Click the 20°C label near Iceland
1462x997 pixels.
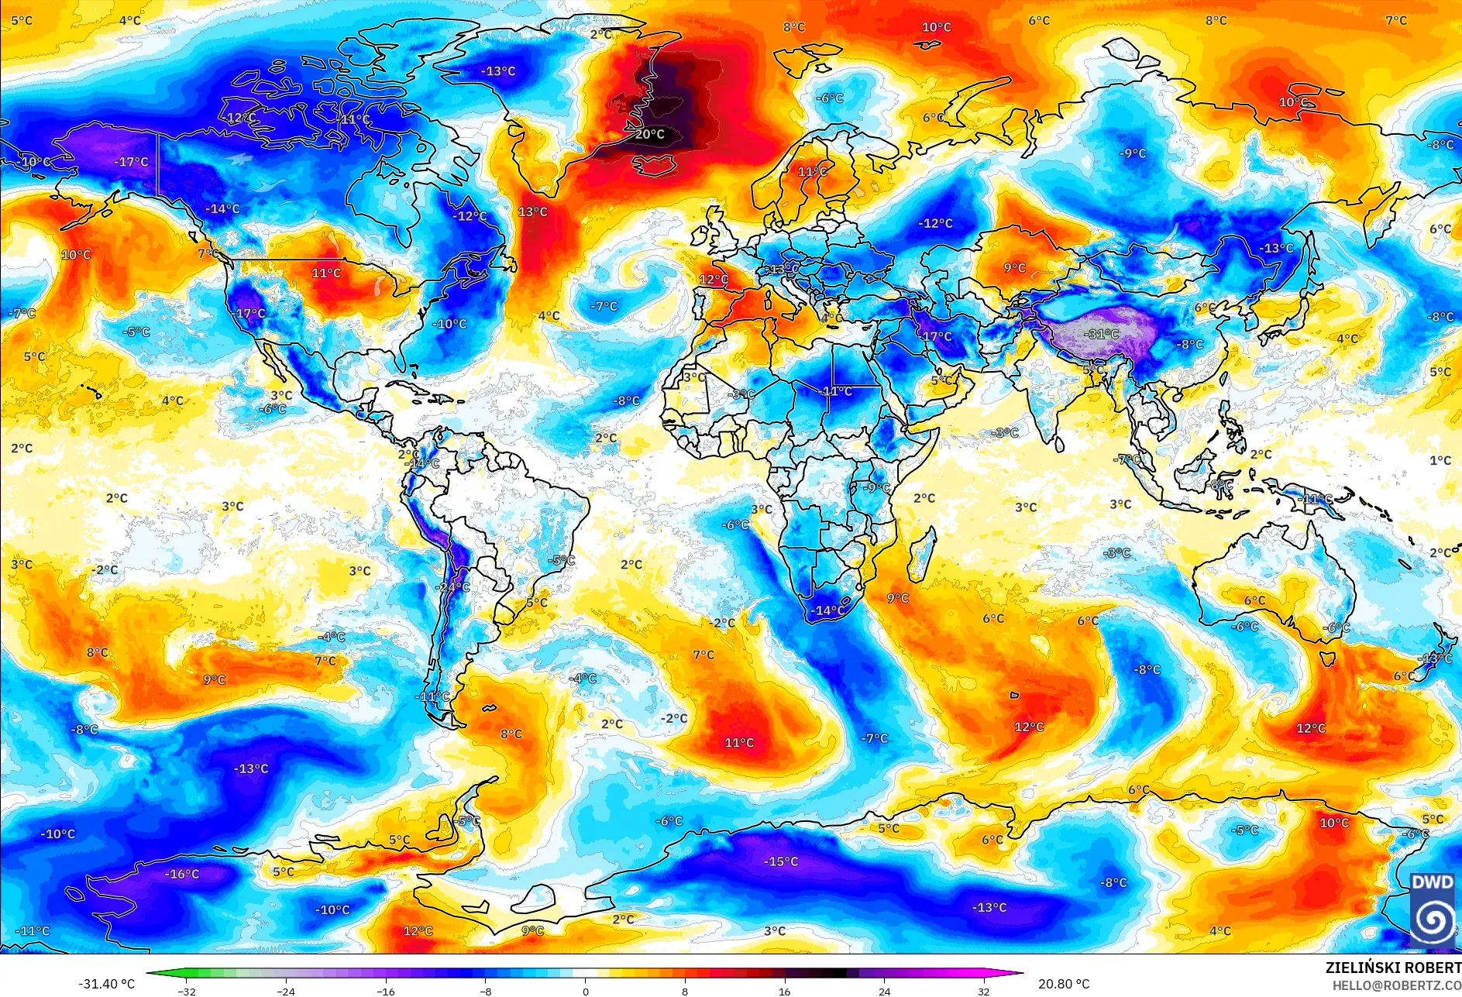click(649, 134)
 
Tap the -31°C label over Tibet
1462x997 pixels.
click(1103, 334)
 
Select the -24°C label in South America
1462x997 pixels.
click(452, 587)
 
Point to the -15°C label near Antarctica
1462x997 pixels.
click(780, 861)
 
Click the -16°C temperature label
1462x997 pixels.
click(182, 874)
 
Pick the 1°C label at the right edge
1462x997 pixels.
click(1440, 460)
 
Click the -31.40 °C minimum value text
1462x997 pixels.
click(106, 984)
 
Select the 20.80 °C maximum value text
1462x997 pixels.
click(1063, 984)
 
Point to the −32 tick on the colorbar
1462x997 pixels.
click(186, 991)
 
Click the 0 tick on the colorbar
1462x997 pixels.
click(585, 991)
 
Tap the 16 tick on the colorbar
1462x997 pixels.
click(784, 991)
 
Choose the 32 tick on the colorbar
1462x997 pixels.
click(983, 991)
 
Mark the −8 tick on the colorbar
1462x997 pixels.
click(485, 991)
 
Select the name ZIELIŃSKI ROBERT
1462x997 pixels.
click(1392, 968)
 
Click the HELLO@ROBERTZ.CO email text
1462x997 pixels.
click(1396, 985)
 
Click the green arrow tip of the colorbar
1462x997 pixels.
click(150, 973)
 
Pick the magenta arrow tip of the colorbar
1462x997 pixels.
click(1020, 973)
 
